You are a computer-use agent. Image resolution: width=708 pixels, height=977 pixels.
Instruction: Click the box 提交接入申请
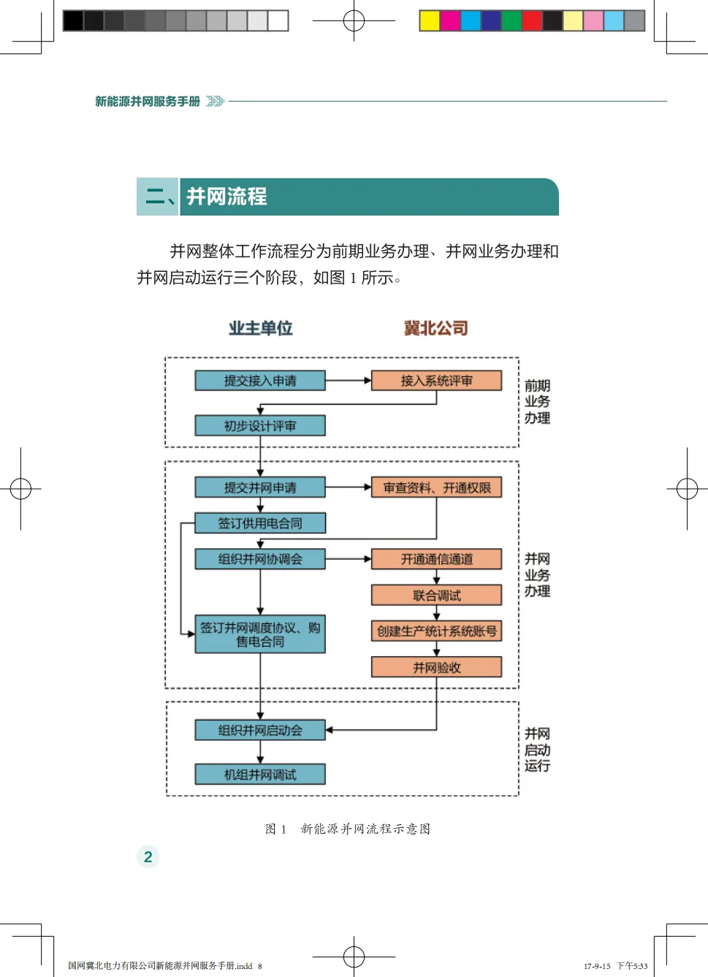[260, 381]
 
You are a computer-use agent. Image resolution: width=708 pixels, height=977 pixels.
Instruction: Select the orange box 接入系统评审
[436, 381]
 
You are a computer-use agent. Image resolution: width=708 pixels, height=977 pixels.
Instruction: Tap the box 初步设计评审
[260, 425]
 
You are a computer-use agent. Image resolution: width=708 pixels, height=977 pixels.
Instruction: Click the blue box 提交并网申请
[260, 487]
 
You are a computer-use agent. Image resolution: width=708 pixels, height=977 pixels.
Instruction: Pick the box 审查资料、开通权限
[436, 487]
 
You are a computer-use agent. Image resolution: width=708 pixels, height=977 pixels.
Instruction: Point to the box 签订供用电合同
[260, 523]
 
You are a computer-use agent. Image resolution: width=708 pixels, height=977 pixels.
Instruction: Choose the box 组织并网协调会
[260, 559]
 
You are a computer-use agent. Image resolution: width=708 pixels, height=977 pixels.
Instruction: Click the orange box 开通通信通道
[436, 559]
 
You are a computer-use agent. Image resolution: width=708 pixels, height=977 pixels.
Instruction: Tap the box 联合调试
[436, 595]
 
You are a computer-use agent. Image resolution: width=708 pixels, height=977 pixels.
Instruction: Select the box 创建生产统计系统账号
[436, 631]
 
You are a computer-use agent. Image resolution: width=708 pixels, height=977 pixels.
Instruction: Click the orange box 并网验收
[436, 666]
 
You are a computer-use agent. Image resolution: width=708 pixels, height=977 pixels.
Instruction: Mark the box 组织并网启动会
[260, 730]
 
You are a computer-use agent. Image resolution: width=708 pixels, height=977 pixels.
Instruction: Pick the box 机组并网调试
[260, 775]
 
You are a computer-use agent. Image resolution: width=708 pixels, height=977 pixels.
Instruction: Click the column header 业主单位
[260, 328]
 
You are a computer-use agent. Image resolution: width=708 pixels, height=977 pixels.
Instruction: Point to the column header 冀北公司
[436, 328]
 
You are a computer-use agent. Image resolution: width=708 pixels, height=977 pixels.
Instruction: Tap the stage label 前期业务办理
[537, 401]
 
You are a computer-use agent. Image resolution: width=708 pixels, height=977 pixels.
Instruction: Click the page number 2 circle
[148, 856]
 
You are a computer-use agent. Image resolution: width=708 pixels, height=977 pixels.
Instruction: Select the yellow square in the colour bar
[430, 20]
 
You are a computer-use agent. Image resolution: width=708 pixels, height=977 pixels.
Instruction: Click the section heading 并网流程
[227, 197]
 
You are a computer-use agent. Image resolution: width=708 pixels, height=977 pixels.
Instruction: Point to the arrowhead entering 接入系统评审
[368, 381]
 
